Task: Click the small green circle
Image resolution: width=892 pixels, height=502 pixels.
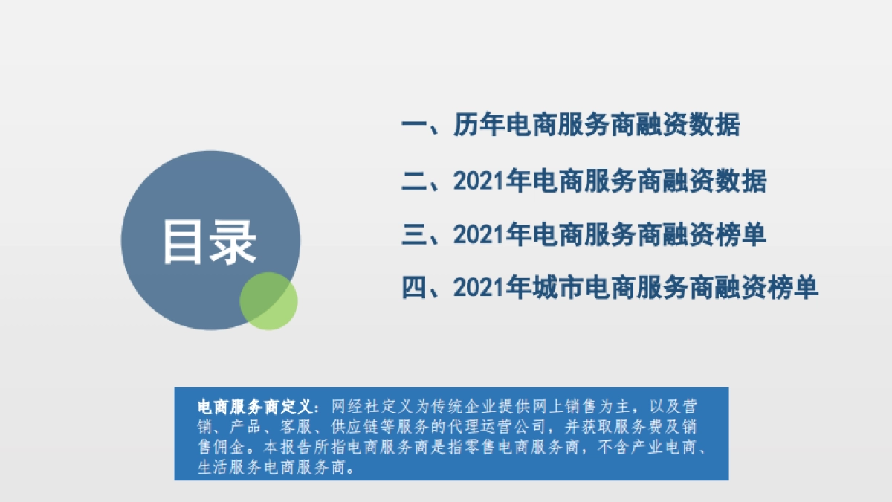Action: click(268, 301)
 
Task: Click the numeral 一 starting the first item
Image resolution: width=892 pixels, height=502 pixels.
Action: click(413, 125)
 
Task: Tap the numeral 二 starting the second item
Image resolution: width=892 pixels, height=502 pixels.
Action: click(413, 181)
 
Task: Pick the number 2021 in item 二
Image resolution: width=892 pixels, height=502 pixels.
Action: click(479, 181)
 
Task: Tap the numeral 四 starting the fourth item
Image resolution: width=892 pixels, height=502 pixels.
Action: click(413, 287)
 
